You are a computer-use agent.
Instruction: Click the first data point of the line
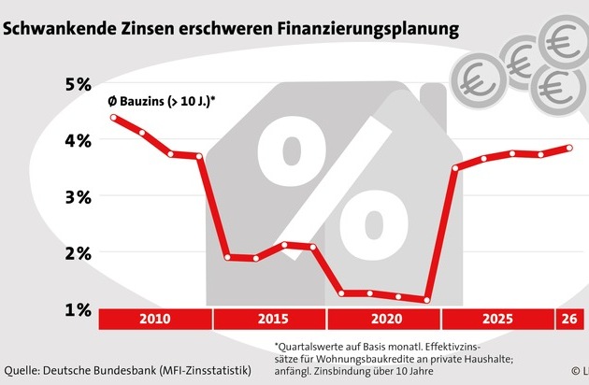[113, 118]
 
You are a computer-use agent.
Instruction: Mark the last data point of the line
[569, 148]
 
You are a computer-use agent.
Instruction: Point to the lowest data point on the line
[426, 300]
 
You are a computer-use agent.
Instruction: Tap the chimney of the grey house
[432, 103]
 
